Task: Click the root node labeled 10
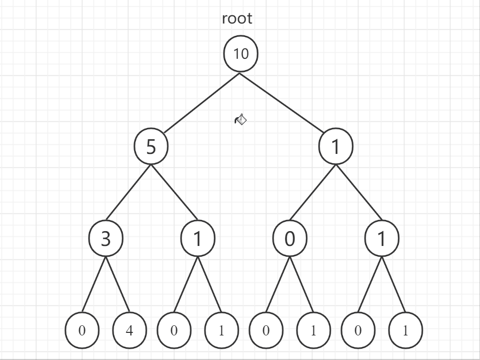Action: click(241, 54)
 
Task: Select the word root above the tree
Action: click(237, 18)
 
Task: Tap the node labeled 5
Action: click(151, 147)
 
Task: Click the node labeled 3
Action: click(106, 239)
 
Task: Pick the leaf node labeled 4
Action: click(129, 330)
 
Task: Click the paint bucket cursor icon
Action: click(241, 120)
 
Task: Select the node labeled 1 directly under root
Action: click(336, 147)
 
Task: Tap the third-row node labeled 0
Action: click(290, 239)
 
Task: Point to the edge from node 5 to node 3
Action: click(128, 192)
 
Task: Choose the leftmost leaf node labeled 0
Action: click(82, 330)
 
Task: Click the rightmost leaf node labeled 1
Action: click(405, 330)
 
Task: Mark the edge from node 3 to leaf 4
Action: click(118, 285)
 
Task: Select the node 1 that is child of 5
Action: click(198, 239)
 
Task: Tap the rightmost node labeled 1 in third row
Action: click(382, 239)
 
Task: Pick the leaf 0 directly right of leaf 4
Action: click(174, 330)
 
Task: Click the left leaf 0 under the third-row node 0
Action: click(266, 330)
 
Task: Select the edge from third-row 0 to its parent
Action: click(312, 193)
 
